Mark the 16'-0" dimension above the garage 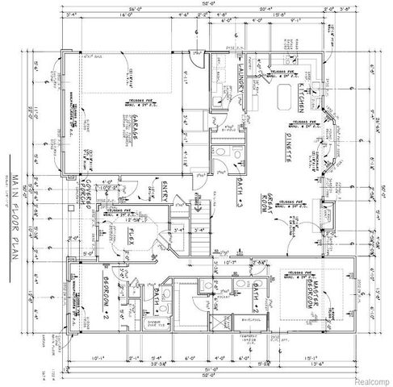(125, 14)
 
